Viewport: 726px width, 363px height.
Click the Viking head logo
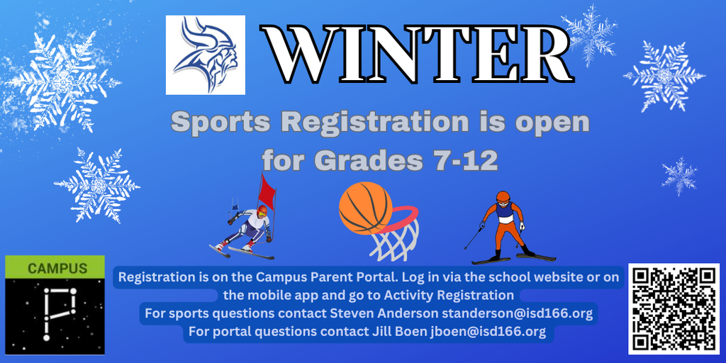[x=205, y=55]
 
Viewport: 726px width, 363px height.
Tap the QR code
[x=674, y=308]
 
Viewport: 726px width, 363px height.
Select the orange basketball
[x=365, y=208]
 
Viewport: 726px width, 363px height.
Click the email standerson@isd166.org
[x=517, y=313]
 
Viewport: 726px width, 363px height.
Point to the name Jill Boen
[x=401, y=332]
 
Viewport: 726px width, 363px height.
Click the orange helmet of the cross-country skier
[x=503, y=196]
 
